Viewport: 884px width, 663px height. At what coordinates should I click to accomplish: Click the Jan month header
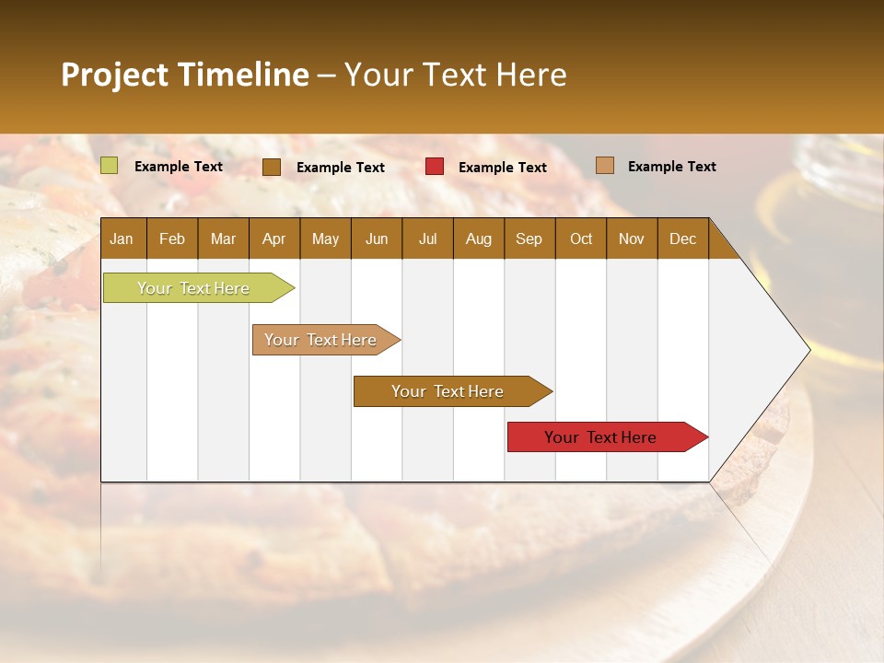coord(122,238)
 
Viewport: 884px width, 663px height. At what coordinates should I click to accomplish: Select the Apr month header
coord(273,238)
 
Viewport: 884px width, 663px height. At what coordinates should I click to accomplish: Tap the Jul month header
coord(427,238)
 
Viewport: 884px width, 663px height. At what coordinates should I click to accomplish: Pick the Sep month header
coord(529,238)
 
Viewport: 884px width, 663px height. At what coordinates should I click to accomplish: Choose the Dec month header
coord(682,238)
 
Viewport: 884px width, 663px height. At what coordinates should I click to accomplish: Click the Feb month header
coord(172,238)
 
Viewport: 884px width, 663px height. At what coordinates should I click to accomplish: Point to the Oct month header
coord(581,238)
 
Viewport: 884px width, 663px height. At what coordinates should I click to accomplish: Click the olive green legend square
coord(110,166)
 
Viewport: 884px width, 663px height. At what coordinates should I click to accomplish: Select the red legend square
coord(435,166)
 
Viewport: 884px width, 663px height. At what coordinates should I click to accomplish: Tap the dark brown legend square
coord(272,167)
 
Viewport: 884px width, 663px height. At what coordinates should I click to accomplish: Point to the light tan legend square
coord(605,166)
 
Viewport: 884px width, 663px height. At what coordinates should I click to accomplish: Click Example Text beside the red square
coord(502,167)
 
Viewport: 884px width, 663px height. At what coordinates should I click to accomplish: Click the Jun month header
coord(377,238)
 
